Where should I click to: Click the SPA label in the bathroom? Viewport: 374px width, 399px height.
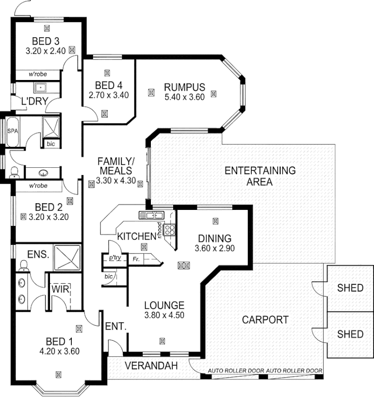tap(13, 131)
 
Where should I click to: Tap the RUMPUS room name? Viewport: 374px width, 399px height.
tap(184, 87)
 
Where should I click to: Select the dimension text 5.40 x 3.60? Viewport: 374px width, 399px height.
tap(184, 96)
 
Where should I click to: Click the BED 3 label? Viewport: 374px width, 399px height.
tap(46, 40)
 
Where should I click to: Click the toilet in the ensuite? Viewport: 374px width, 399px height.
tap(22, 264)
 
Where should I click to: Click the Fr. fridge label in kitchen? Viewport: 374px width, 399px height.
tap(136, 260)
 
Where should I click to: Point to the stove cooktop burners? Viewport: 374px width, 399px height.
tap(170, 230)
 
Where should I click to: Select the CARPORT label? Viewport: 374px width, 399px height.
tap(265, 320)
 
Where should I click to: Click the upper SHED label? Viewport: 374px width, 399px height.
tap(350, 288)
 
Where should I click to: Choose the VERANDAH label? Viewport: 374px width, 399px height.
tap(149, 365)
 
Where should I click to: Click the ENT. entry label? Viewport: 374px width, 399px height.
tap(116, 327)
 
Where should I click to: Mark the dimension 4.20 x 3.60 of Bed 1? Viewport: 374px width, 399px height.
tap(59, 351)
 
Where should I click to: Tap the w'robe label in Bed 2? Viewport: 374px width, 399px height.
tap(37, 186)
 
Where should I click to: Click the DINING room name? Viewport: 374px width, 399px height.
tap(214, 239)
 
